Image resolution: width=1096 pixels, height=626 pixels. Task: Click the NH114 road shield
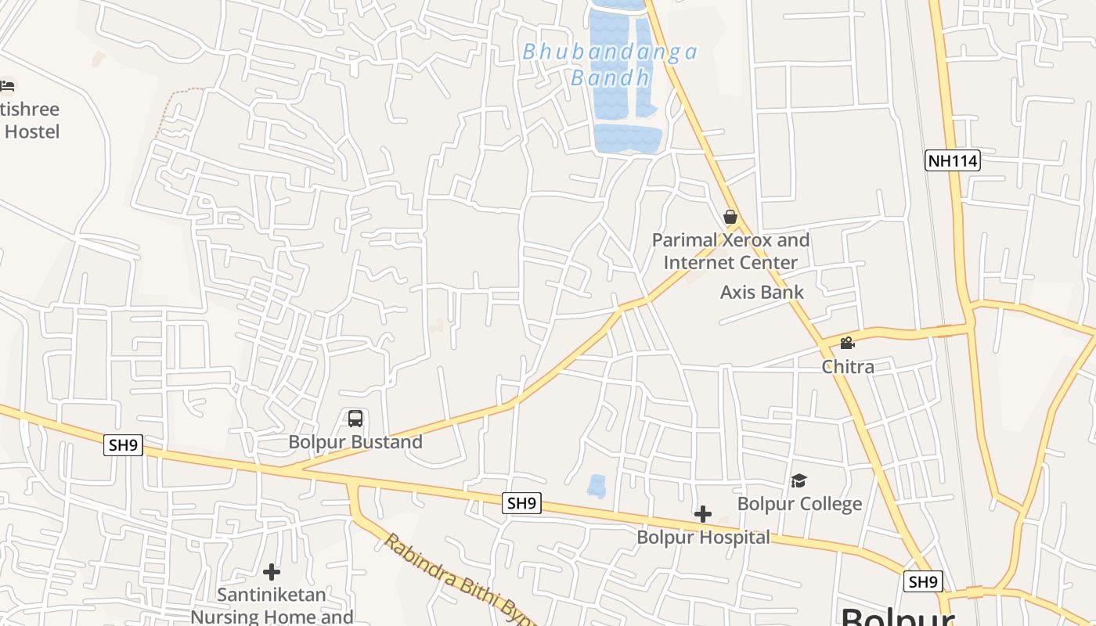(952, 161)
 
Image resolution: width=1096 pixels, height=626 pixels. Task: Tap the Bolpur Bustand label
(355, 442)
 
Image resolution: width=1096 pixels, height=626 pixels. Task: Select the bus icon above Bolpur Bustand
(355, 419)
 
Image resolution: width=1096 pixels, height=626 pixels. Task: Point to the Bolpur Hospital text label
(703, 538)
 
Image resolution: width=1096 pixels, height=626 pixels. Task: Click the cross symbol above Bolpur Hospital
(703, 514)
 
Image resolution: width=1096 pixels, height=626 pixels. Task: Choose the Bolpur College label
(799, 504)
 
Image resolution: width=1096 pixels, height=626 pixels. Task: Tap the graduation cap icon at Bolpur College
(799, 480)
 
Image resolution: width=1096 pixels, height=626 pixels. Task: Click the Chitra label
(848, 366)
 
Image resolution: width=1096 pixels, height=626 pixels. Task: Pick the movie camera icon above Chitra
(847, 343)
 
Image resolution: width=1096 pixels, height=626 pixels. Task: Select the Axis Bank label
(762, 293)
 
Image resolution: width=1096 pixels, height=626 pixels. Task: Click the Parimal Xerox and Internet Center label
(730, 251)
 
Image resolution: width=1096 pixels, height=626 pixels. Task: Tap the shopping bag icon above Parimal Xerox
(730, 217)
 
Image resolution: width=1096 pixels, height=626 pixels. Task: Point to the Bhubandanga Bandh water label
(610, 64)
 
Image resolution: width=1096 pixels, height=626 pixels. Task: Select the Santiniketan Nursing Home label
(272, 605)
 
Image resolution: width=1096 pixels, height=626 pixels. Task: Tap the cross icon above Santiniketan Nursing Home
(272, 572)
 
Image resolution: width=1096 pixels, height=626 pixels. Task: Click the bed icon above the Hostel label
(7, 85)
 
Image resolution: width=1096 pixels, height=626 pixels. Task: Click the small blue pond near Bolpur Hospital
(597, 486)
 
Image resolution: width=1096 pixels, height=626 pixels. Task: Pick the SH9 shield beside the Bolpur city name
(923, 581)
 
